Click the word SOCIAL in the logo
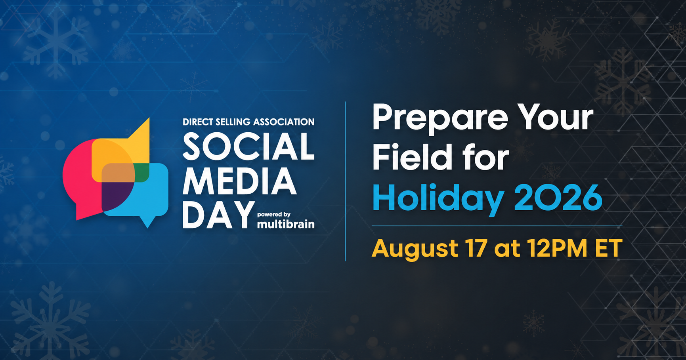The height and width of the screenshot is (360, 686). (248, 146)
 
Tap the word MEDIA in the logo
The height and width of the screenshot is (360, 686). (239, 181)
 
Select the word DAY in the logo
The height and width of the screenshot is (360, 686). (218, 215)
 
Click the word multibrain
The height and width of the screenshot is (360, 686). (286, 224)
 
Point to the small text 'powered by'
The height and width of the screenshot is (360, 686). (274, 215)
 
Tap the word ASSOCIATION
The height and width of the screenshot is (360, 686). (284, 122)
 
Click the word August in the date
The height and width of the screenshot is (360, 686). (415, 250)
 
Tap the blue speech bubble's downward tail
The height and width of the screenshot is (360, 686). (147, 222)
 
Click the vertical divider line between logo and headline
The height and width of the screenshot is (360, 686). (346, 181)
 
